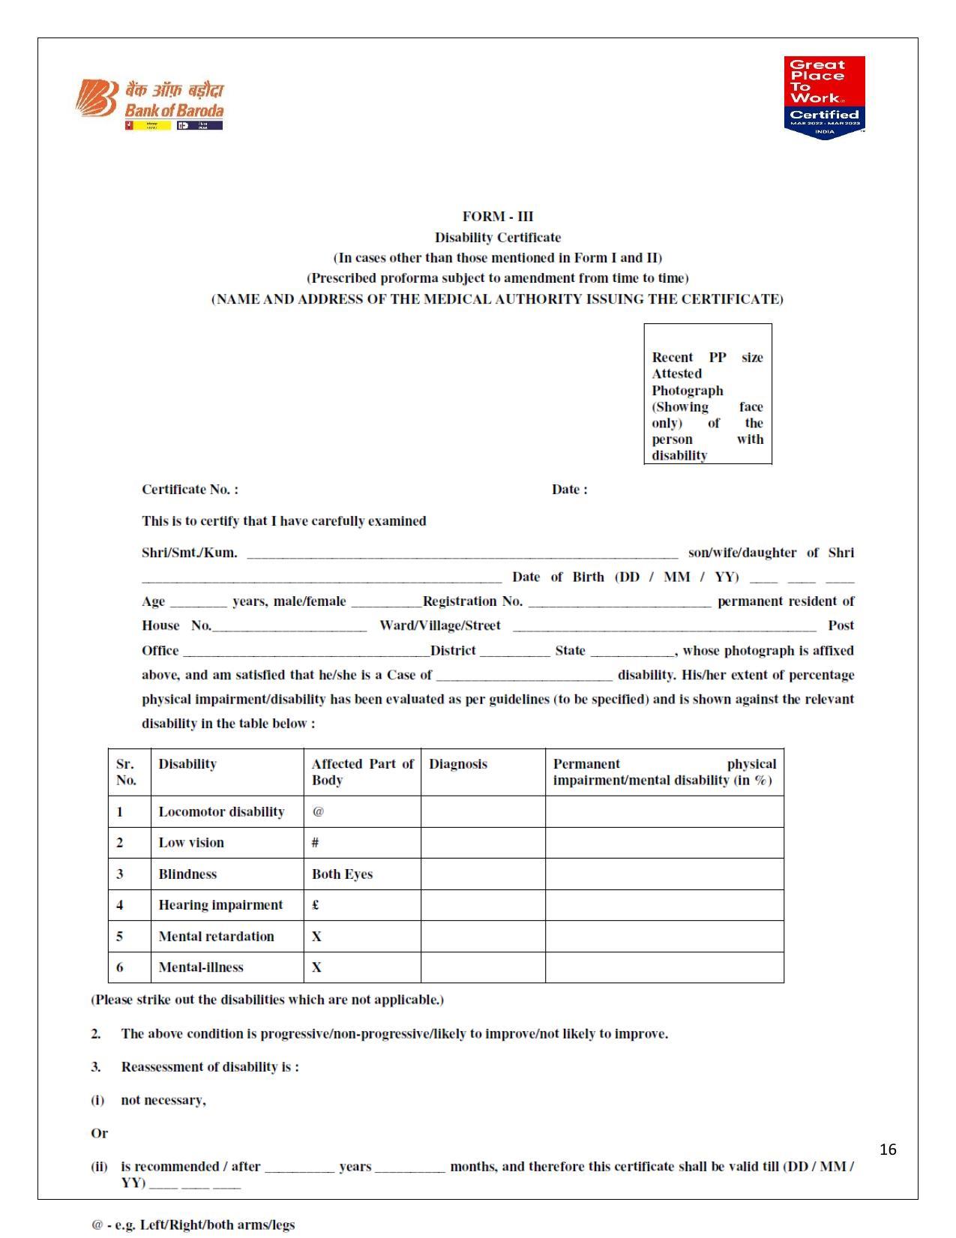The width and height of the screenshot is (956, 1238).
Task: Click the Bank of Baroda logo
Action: (150, 104)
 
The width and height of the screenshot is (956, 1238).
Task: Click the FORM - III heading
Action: (498, 217)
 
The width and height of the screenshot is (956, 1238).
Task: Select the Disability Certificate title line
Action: (498, 238)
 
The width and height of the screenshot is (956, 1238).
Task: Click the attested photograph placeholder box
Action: (708, 394)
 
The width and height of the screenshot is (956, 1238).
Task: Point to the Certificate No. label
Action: (190, 490)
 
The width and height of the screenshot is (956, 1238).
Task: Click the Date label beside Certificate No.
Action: (569, 490)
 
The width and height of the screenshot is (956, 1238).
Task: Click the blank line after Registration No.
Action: (619, 604)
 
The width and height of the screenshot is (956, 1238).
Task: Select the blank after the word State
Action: (633, 653)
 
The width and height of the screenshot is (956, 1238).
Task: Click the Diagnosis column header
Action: (458, 764)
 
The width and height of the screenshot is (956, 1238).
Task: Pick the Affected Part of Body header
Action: (362, 772)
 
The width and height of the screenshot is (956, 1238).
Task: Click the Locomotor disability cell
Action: (221, 812)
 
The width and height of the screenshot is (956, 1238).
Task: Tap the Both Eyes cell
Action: (343, 874)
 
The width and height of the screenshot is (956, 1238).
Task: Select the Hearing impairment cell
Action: (220, 905)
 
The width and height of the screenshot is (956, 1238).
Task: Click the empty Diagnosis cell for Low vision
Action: (483, 843)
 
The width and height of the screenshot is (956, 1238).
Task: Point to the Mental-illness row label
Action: (201, 967)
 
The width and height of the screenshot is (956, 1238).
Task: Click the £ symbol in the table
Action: (316, 905)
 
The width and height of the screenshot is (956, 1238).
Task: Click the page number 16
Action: (888, 1150)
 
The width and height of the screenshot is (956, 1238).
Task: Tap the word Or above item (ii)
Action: (99, 1133)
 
